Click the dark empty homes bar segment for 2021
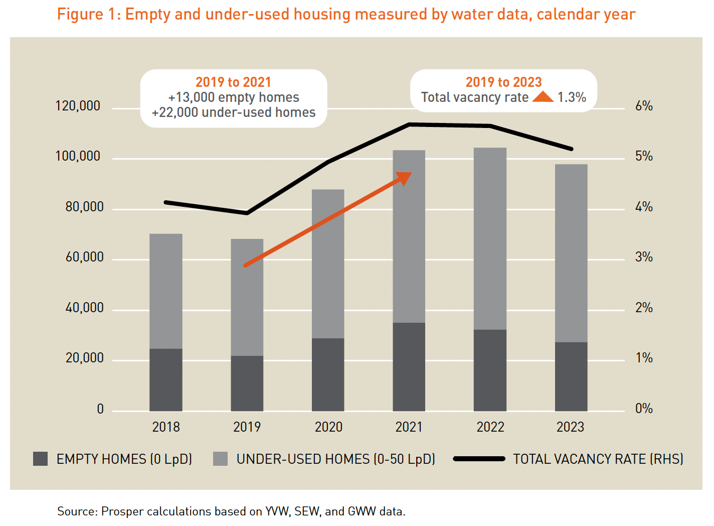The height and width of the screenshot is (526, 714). coord(409,367)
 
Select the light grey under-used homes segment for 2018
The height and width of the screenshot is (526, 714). coord(166,291)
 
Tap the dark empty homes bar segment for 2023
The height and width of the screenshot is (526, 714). coord(571,376)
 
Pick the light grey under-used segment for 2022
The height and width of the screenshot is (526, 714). coord(490,238)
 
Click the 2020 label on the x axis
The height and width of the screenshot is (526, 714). coord(328,427)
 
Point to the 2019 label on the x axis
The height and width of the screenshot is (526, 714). coord(247,427)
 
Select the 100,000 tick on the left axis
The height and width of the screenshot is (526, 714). coord(78,157)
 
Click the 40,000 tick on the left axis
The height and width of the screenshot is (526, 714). coord(84,308)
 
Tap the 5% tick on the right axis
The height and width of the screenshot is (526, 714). coord(644,157)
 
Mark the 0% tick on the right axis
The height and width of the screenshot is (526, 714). coord(644,409)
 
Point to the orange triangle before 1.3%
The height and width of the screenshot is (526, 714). coord(543,97)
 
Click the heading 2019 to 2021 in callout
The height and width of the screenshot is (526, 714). coord(233,82)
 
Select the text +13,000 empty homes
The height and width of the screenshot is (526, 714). coord(234,97)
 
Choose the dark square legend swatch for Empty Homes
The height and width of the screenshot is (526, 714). coord(40,459)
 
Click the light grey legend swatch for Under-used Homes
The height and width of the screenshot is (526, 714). coord(220,459)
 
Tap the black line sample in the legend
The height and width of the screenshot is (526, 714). coord(479,459)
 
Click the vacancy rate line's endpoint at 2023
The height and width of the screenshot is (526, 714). coord(571,149)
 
